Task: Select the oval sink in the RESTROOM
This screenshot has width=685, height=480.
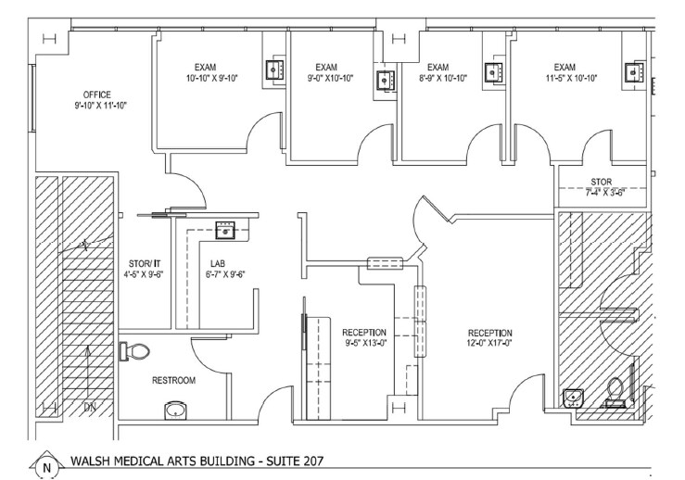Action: click(173, 408)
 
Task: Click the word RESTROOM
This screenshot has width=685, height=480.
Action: click(173, 381)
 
